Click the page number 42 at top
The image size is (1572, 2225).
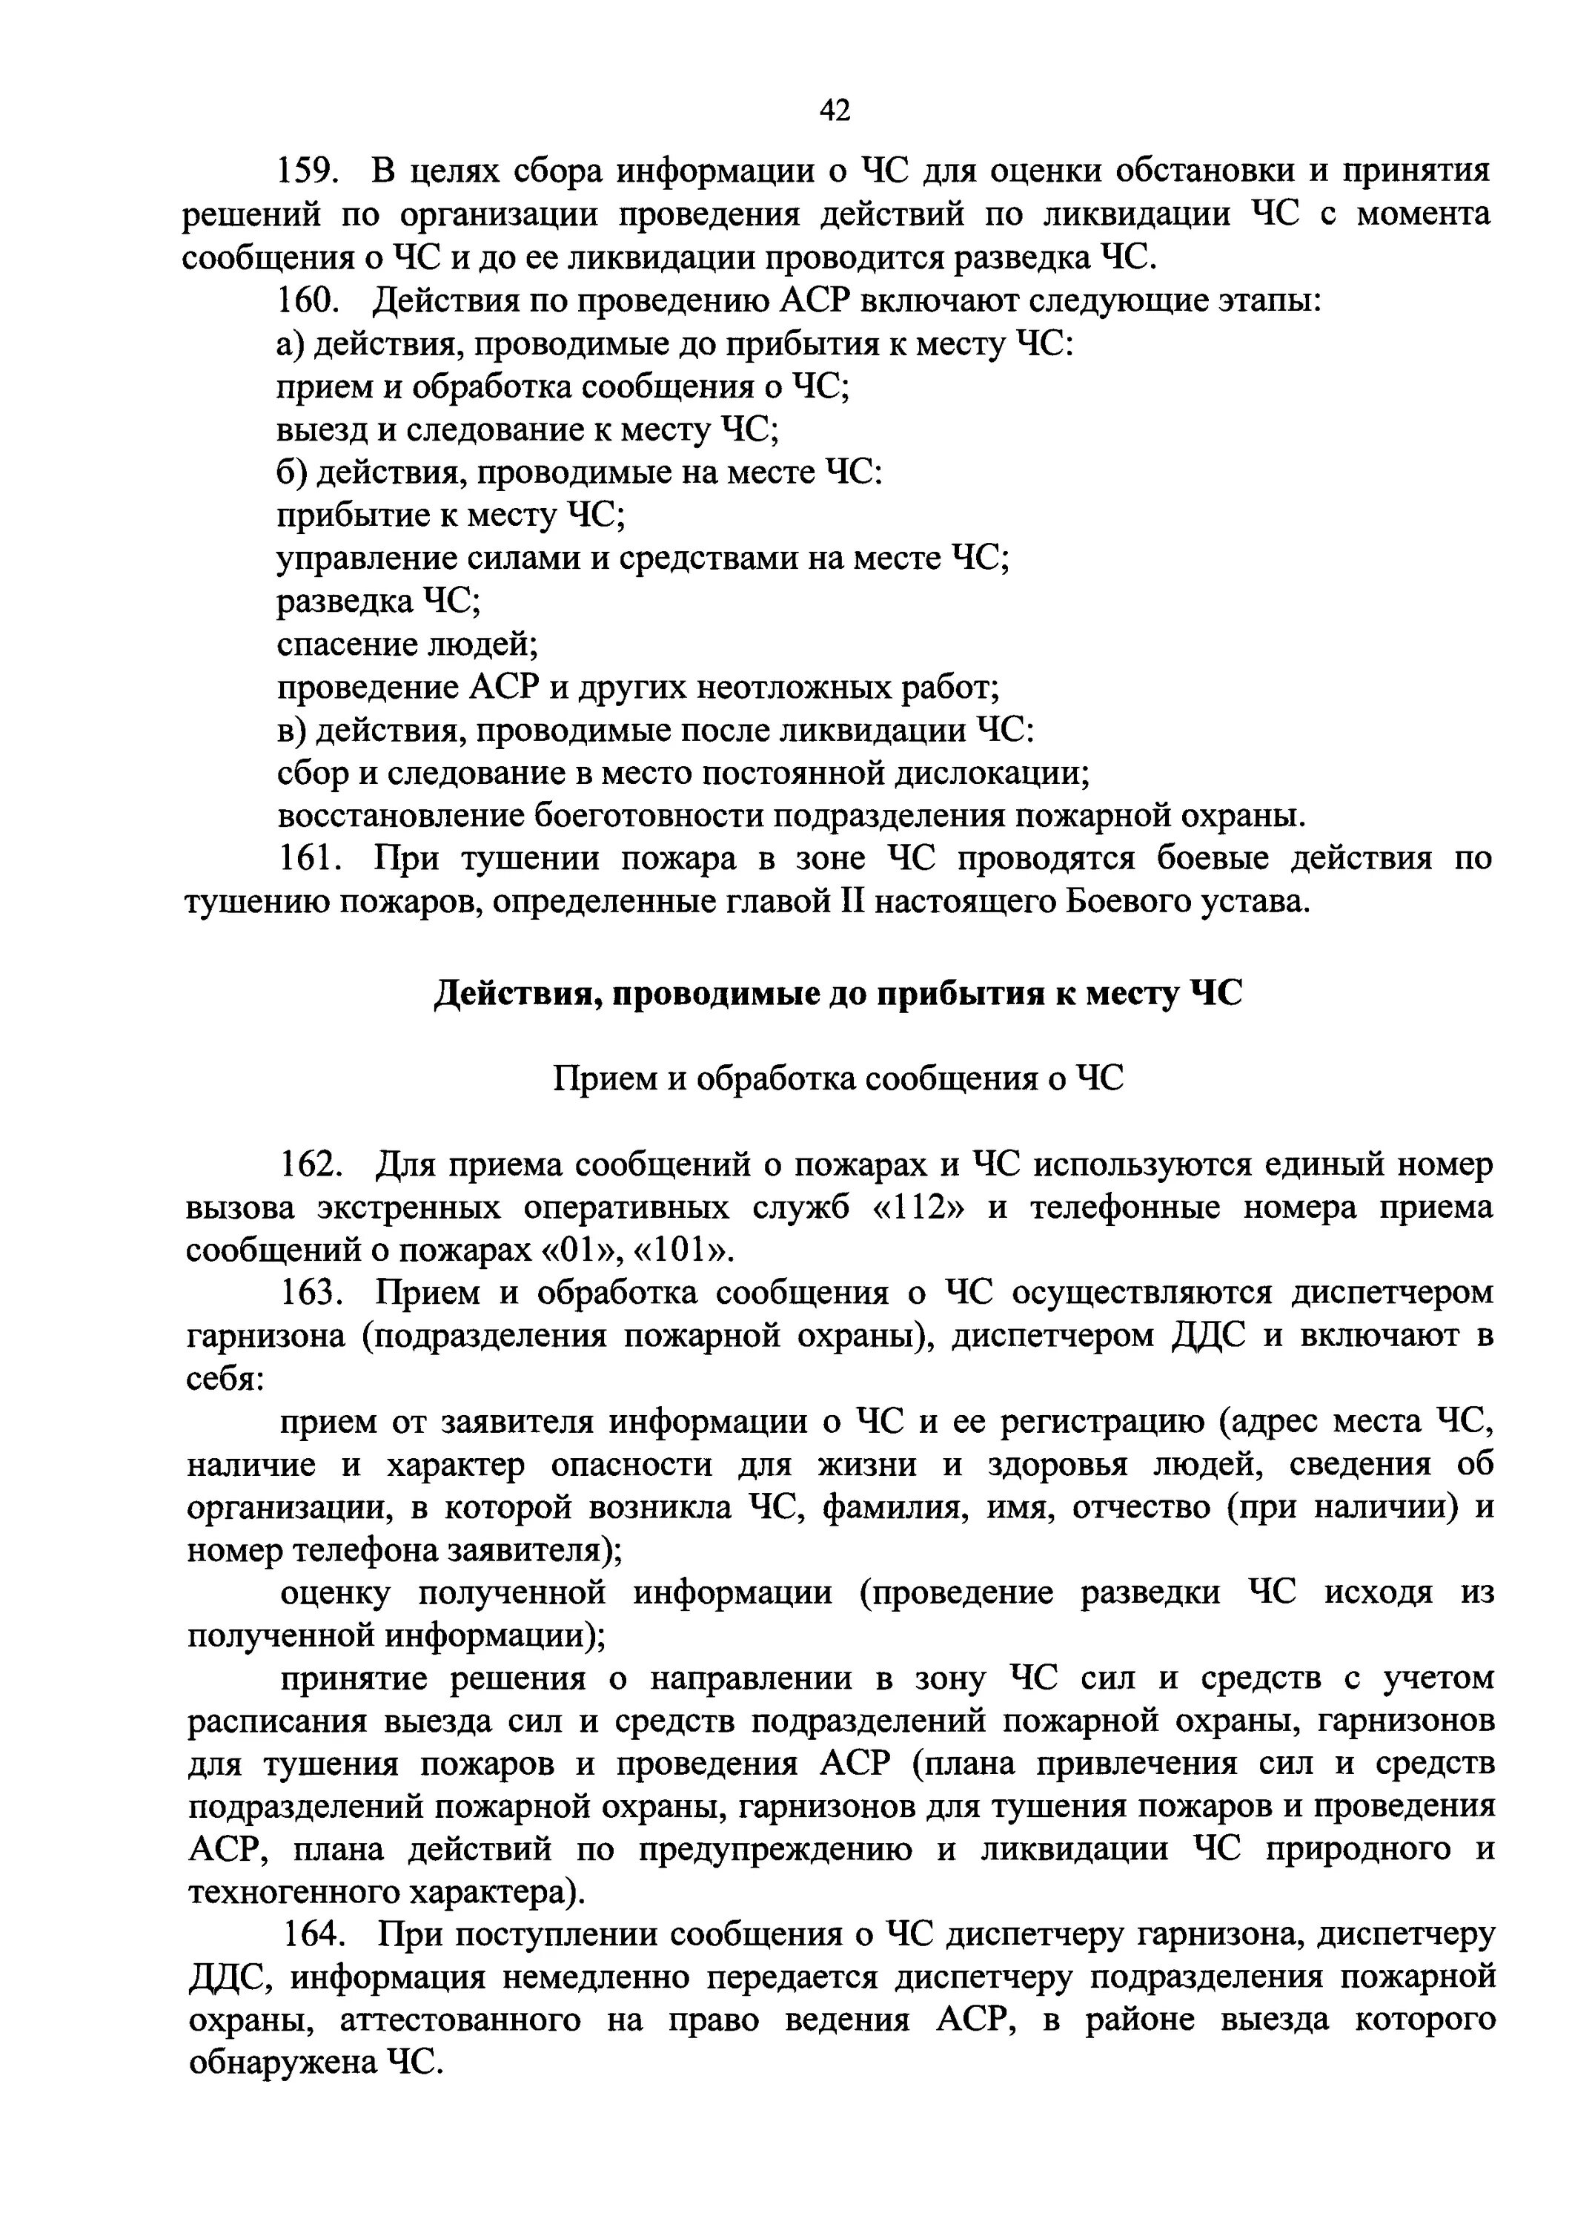pyautogui.click(x=834, y=111)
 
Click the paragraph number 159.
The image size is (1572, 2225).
pyautogui.click(x=306, y=173)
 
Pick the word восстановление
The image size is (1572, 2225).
pyautogui.click(x=400, y=816)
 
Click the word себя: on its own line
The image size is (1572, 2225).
pyautogui.click(x=225, y=1379)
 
